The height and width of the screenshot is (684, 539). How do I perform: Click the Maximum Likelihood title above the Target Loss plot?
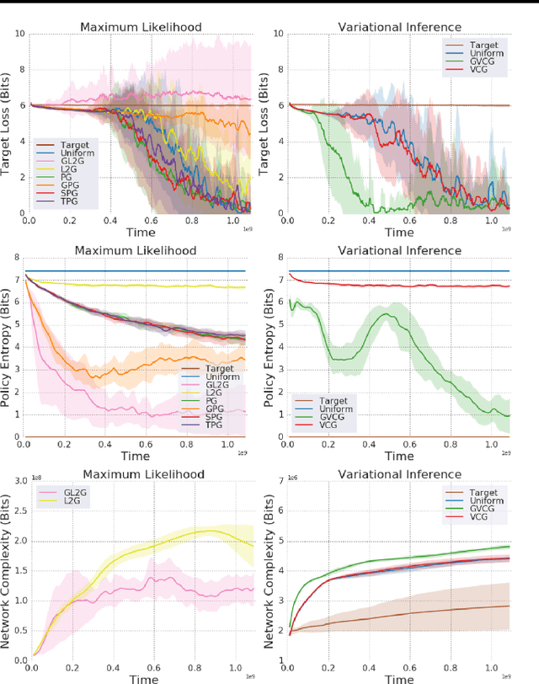point(140,27)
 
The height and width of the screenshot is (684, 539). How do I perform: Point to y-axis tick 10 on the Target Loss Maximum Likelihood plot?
point(19,34)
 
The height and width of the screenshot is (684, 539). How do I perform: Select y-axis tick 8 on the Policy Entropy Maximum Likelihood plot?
point(19,257)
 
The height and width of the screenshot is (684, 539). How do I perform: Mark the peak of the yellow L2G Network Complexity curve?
point(186,530)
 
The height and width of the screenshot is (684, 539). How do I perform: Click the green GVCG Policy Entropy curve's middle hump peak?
point(386,314)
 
